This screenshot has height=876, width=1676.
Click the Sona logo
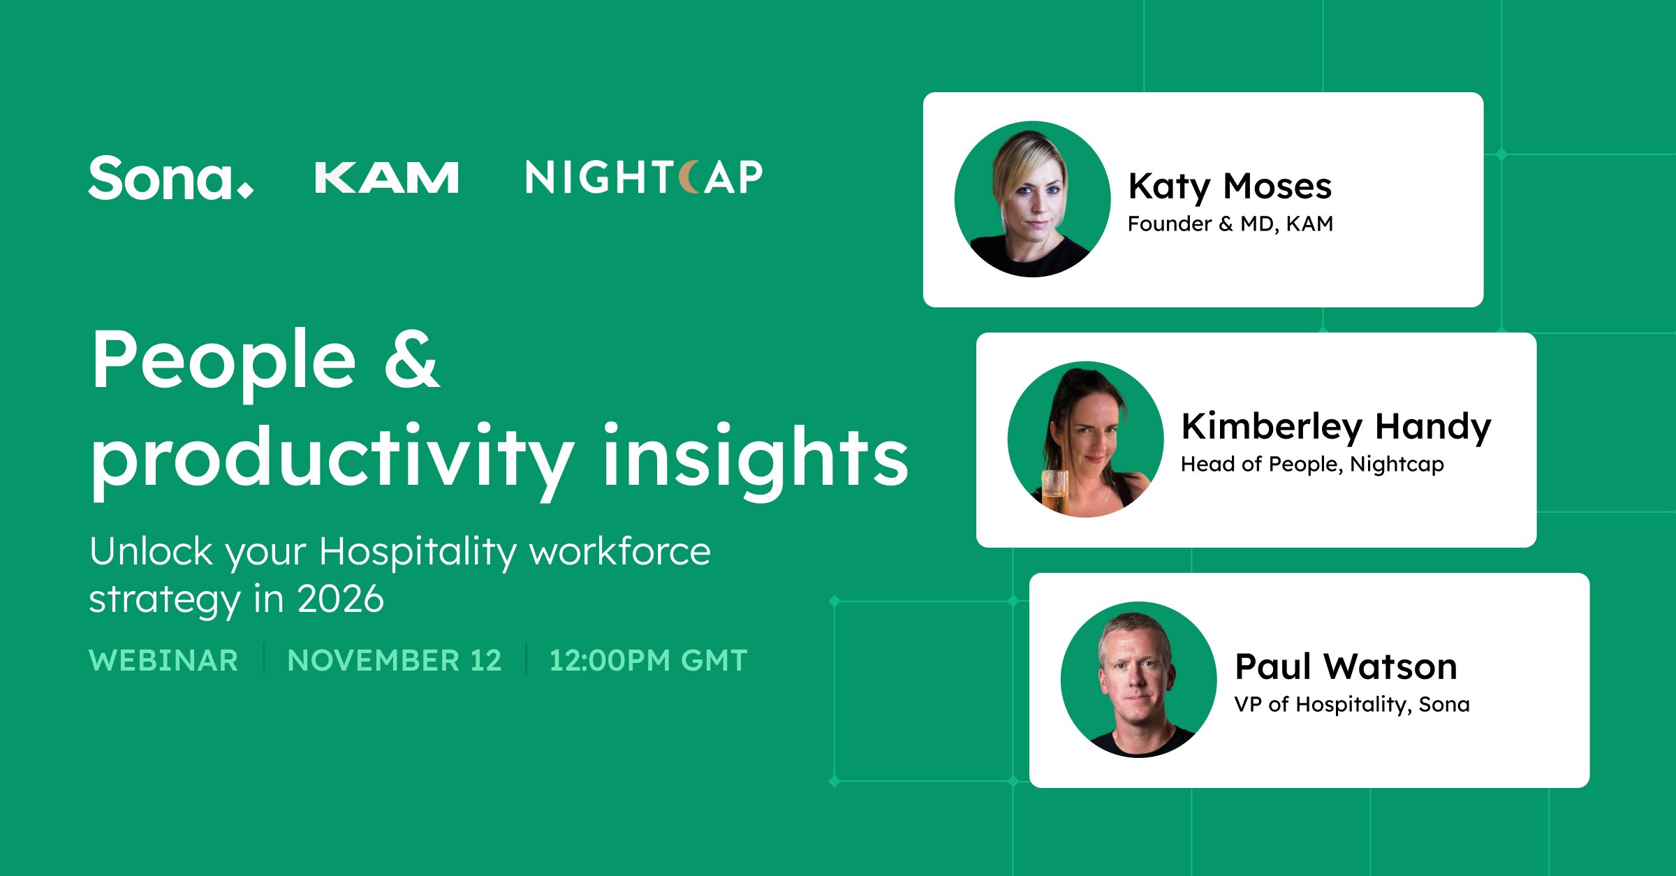pos(171,178)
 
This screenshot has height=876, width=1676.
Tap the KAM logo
pos(387,177)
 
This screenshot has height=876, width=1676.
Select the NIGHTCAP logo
pos(644,177)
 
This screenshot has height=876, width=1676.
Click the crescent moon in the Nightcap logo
pos(689,177)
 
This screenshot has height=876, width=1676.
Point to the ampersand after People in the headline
pos(412,358)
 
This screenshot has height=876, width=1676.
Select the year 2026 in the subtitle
pos(341,599)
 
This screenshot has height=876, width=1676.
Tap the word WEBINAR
pos(163,660)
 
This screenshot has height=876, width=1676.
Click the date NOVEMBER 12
pos(395,660)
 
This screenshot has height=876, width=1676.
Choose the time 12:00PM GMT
pos(648,660)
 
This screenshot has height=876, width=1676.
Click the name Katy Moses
pos(1230,187)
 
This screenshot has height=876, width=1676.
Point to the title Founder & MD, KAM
pos(1230,224)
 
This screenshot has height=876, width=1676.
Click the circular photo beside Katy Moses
pos(1032,199)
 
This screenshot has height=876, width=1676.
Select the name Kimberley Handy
pos(1336,426)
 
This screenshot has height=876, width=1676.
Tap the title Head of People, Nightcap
pos(1312,464)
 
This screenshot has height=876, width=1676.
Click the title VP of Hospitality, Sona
pos(1352,704)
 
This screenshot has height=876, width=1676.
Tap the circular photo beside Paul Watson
pos(1138,680)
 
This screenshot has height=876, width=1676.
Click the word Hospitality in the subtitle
pos(418,552)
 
